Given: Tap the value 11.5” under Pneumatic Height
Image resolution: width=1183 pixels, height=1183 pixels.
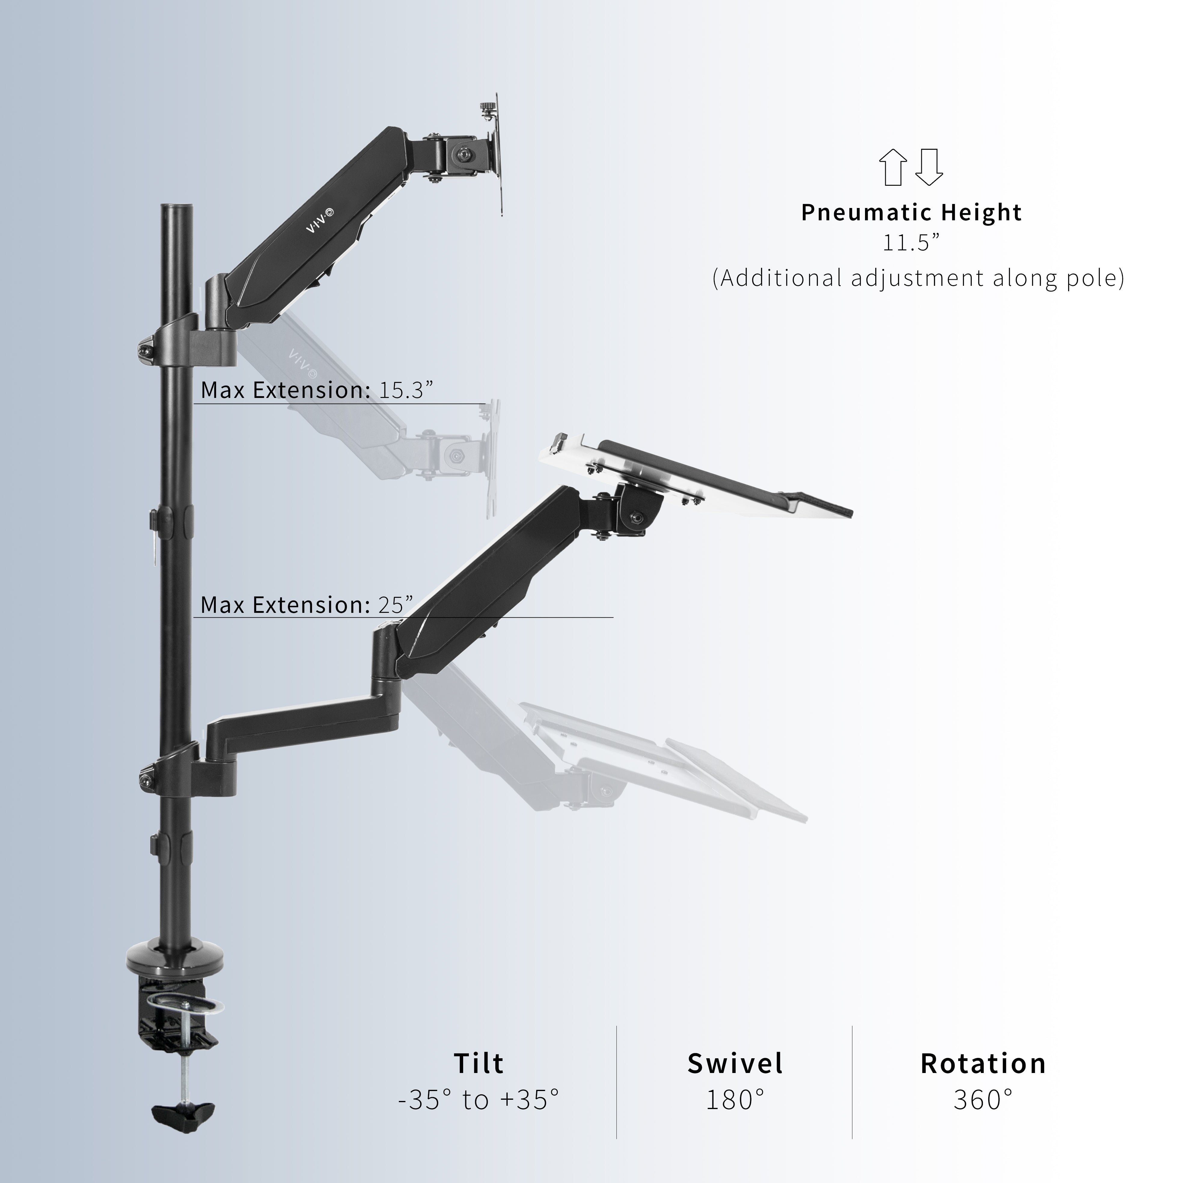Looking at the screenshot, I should pyautogui.click(x=911, y=243).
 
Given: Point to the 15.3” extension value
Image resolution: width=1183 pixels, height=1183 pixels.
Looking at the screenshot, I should pyautogui.click(x=406, y=390).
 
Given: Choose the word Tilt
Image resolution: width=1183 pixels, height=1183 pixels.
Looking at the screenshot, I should pyautogui.click(x=479, y=1081).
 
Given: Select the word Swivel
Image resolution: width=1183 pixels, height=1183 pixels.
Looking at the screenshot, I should pyautogui.click(x=735, y=1081).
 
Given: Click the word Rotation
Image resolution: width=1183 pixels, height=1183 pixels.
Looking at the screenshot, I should pyautogui.click(x=983, y=1081).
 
